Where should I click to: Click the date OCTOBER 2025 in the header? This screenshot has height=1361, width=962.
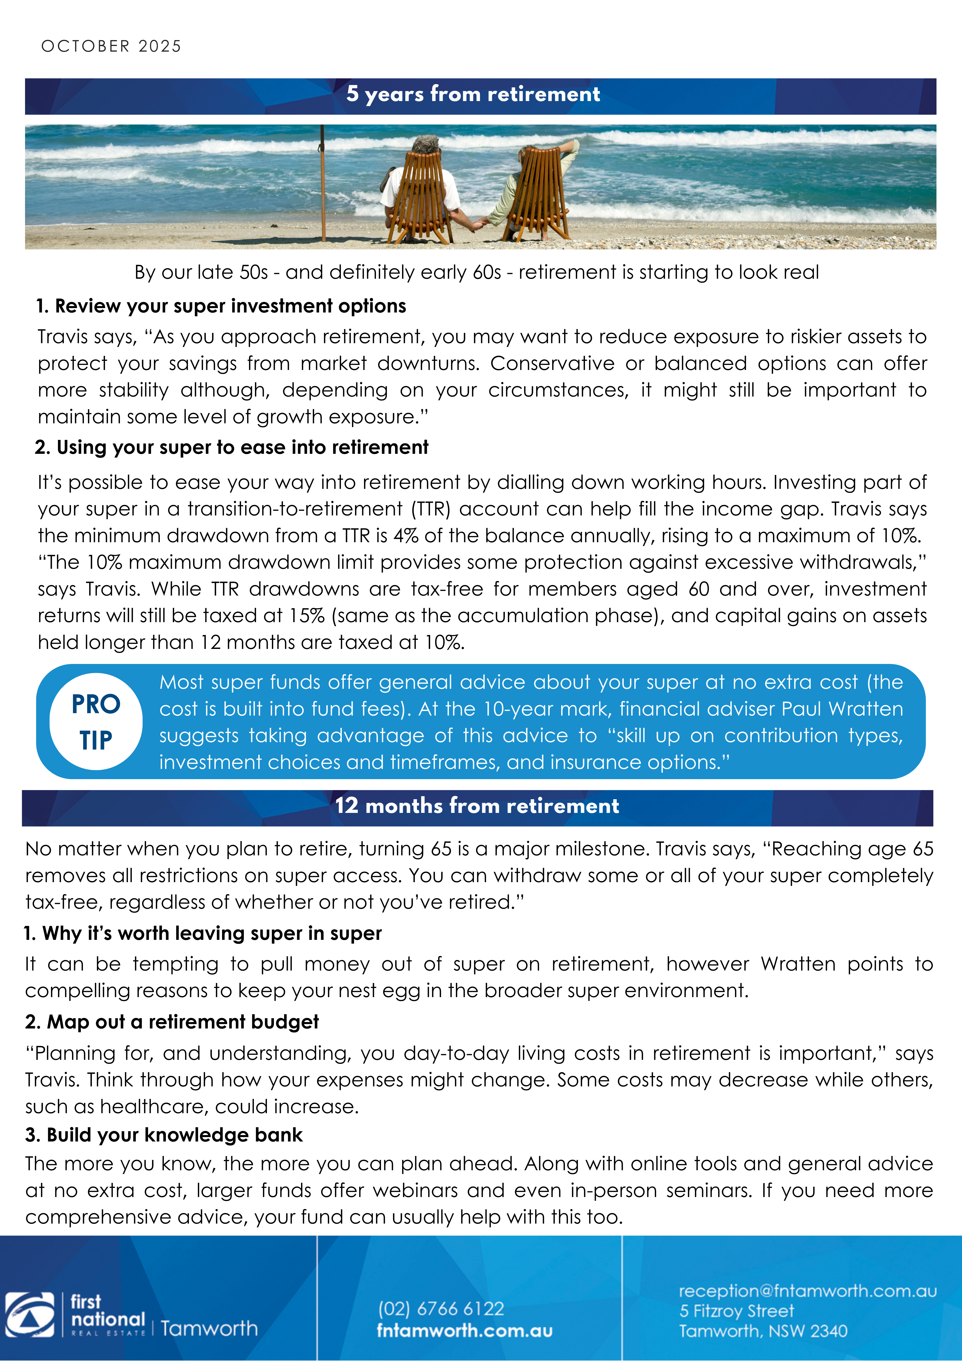pos(111,46)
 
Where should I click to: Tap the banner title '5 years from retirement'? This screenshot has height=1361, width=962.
pos(473,94)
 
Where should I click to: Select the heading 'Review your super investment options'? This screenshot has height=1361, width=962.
pos(230,306)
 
